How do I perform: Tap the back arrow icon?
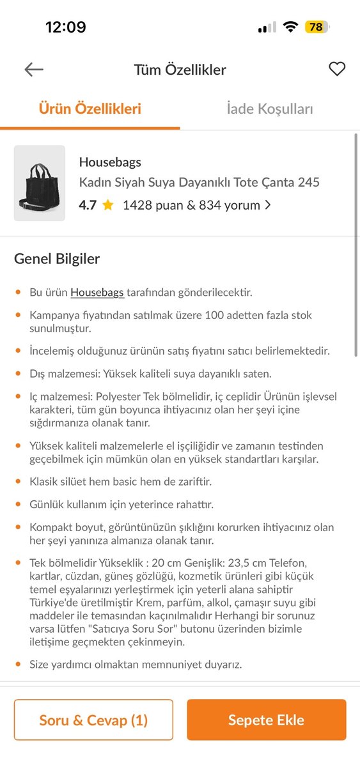point(34,70)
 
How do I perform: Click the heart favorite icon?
point(337,69)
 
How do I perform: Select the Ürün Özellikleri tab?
point(90,109)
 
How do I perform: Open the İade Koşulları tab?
point(270,109)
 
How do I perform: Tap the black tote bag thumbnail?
point(40,183)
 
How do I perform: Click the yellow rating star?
point(107,205)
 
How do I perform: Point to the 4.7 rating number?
point(88,205)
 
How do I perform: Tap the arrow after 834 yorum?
point(268,205)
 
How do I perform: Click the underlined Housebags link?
point(97,292)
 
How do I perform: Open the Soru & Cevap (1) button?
point(93,720)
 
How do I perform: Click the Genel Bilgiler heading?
point(57,259)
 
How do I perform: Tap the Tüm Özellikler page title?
point(180,70)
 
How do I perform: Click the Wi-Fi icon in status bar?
point(291,27)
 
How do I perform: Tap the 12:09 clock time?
point(65,27)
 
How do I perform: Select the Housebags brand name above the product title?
point(110,162)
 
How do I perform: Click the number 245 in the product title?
point(309,182)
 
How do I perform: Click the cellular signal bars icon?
point(267,27)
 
